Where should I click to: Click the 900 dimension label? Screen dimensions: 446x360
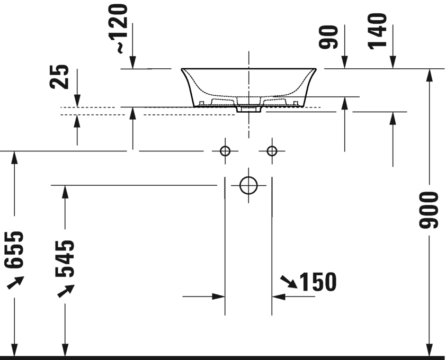pyautogui.click(x=428, y=210)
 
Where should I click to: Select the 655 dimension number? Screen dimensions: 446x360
pyautogui.click(x=14, y=250)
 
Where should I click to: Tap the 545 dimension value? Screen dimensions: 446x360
pyautogui.click(x=65, y=258)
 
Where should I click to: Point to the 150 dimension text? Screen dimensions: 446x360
pyautogui.click(x=318, y=282)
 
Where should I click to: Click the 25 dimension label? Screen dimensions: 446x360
pyautogui.click(x=59, y=77)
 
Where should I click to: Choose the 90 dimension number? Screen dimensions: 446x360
pyautogui.click(x=328, y=37)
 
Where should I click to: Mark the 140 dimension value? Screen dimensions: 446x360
pyautogui.click(x=377, y=32)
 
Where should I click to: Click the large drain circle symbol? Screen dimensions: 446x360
pyautogui.click(x=248, y=185)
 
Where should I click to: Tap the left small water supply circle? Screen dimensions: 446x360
pyautogui.click(x=225, y=151)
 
